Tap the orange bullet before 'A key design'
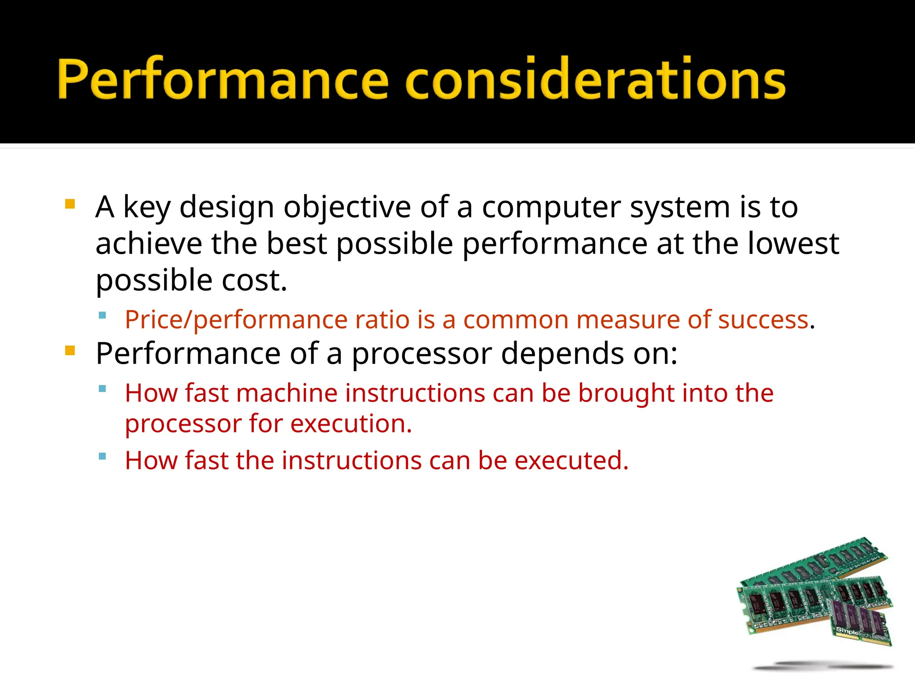point(70,205)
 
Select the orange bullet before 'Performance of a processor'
point(70,351)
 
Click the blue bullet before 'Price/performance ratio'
point(102,315)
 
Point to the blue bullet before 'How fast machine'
point(102,389)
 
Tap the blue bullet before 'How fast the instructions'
point(102,456)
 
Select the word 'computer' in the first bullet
point(551,208)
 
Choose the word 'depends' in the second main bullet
point(562,354)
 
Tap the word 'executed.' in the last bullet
point(571,461)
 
